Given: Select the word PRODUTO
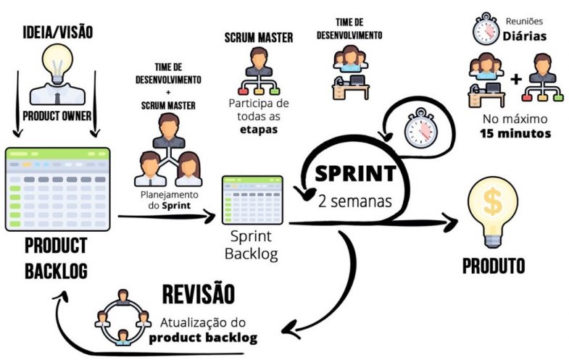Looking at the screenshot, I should click(x=493, y=265).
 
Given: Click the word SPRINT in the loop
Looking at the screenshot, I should click(x=355, y=174).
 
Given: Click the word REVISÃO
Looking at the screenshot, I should click(x=198, y=295).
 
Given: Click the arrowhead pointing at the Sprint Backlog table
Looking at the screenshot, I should click(x=212, y=215).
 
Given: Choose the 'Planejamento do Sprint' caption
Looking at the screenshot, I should click(x=168, y=200).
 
